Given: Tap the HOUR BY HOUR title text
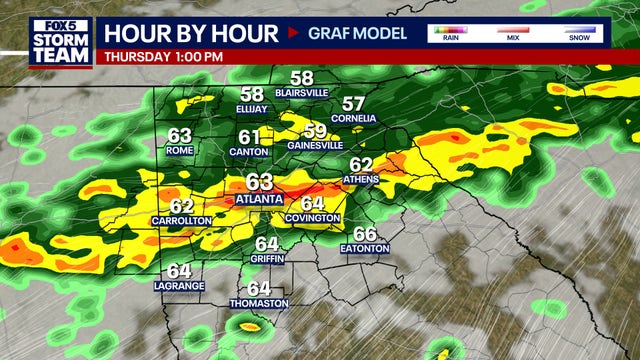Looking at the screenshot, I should tap(190, 33).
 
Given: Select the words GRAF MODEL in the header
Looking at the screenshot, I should tap(356, 33).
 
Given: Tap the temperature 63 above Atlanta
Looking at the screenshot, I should tap(259, 181).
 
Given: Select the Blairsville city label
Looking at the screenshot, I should tap(301, 92).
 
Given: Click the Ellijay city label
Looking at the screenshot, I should tap(252, 109).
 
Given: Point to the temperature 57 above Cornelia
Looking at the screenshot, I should tap(354, 103).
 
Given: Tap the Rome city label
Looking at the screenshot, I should tap(180, 151).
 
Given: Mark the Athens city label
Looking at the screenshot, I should tap(361, 179).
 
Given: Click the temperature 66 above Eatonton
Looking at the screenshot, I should tap(365, 233).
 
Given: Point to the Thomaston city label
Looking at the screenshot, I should tap(259, 303).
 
